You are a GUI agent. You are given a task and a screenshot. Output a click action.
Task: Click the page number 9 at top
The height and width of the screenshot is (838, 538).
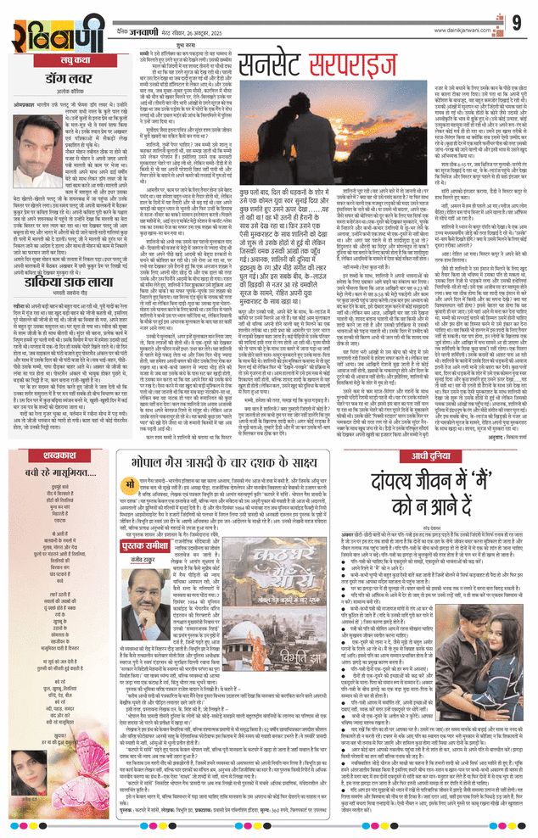pos(517,20)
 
